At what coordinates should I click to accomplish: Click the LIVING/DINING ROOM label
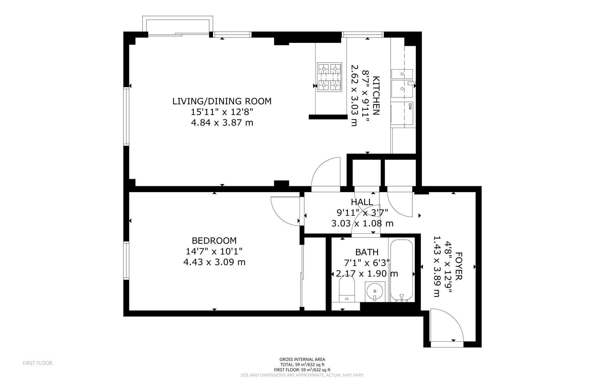tap(222, 101)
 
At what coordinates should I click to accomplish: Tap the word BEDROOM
tap(214, 241)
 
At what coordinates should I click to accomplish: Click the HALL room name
tap(362, 202)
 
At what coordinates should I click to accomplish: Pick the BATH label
tap(367, 252)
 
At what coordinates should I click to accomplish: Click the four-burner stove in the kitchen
tap(329, 77)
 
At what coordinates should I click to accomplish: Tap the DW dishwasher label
tap(410, 106)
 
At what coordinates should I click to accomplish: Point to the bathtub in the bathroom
tap(401, 270)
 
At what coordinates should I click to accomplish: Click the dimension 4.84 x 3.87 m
tap(222, 123)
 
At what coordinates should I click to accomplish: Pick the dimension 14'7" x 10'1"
tap(214, 252)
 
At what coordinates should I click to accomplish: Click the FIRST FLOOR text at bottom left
tap(38, 363)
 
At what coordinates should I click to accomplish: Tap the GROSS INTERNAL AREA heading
tap(302, 359)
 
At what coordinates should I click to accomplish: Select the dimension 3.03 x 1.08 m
tap(362, 223)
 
